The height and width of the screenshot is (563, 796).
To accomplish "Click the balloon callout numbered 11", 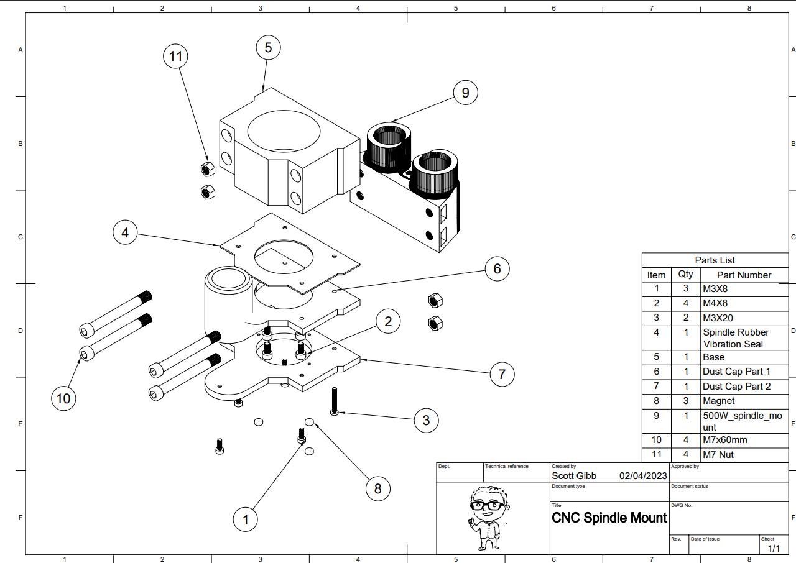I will point(176,57).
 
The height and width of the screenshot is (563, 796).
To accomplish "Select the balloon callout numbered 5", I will point(268,47).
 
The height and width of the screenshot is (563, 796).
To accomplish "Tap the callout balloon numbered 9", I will point(465,93).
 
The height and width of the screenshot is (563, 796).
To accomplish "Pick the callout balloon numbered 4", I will point(126,233).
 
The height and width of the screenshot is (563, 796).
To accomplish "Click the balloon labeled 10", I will point(63,398).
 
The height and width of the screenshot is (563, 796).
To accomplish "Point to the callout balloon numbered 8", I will point(377,488).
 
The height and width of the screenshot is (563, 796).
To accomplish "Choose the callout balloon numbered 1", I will point(246,520).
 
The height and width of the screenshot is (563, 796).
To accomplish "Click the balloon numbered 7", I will point(502,374).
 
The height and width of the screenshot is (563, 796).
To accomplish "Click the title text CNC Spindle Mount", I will point(609,518).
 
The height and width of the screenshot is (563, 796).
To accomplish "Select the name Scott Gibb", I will point(574,475).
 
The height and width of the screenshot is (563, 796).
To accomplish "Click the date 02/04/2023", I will point(643,475).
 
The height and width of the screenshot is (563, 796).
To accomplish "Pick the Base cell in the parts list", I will point(713,357).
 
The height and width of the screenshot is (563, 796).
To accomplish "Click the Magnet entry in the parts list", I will point(718,401).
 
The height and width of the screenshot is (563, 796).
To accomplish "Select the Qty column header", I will point(685,274).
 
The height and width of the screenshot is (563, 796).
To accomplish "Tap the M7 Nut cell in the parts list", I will point(718,454).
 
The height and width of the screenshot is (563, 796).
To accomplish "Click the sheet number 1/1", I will point(774,548).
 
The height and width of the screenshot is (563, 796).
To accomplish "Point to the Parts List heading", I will point(715,260).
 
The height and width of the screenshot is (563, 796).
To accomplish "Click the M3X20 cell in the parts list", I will point(718,318).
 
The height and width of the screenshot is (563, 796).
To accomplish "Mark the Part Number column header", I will point(744,275).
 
